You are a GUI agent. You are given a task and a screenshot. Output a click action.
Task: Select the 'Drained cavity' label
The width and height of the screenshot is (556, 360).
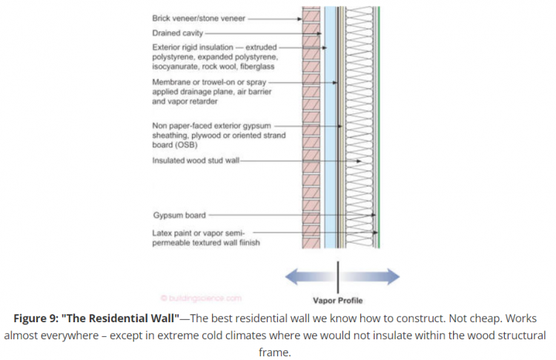(176, 33)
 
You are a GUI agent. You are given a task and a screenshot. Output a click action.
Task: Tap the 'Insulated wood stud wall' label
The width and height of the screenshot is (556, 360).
(195, 160)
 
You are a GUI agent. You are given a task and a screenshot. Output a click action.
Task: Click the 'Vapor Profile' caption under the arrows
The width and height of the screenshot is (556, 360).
(338, 301)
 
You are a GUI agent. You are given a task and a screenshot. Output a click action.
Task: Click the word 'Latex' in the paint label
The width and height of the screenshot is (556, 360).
(162, 233)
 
